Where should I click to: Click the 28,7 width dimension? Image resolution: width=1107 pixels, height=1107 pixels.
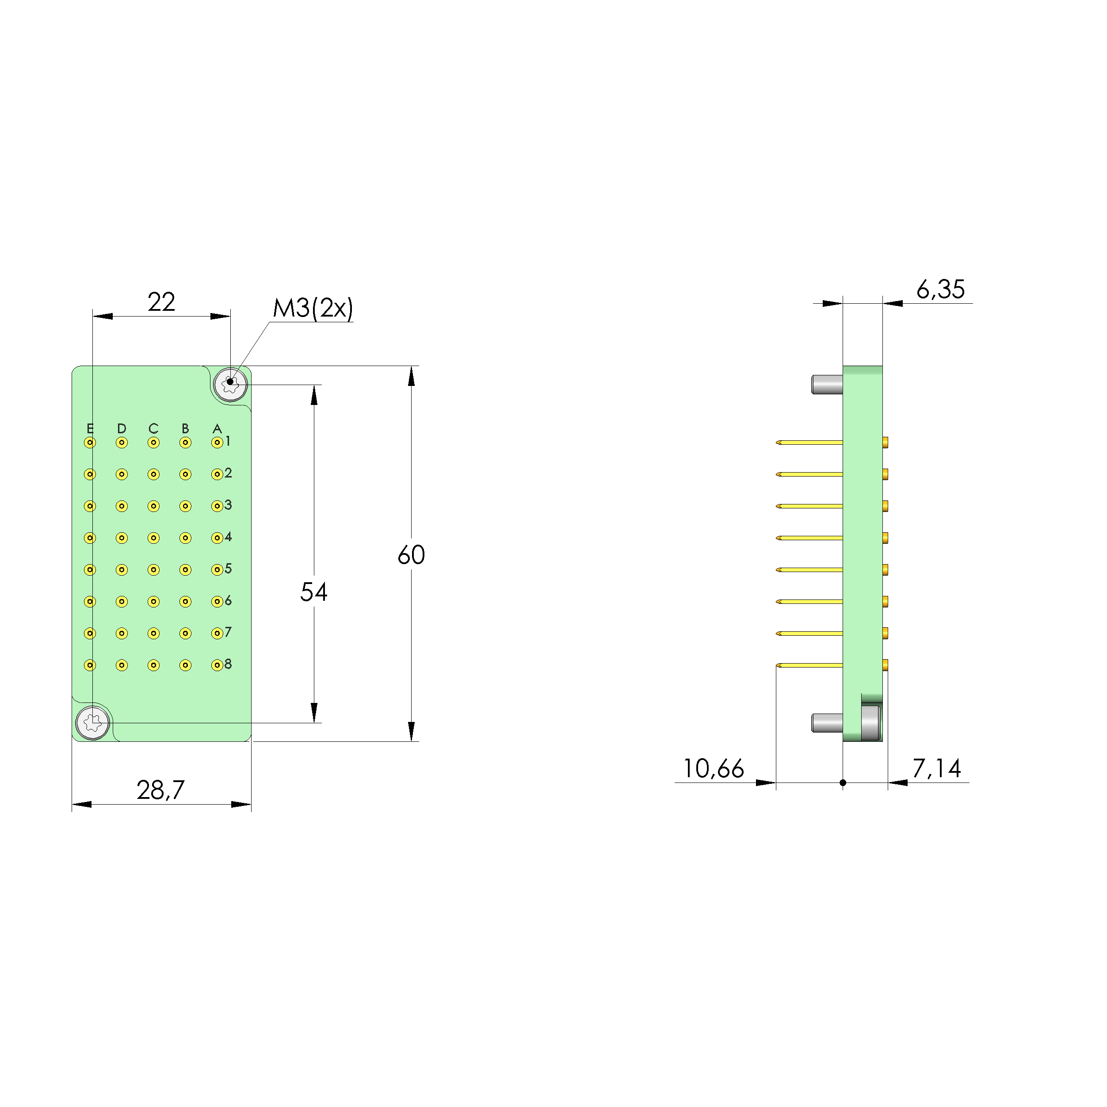[x=160, y=790]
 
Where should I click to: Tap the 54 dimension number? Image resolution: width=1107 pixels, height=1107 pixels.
[x=313, y=592]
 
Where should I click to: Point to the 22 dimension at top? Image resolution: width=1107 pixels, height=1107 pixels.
[x=161, y=302]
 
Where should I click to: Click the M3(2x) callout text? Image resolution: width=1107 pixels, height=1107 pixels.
[x=313, y=308]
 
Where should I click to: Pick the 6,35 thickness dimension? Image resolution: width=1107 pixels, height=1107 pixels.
[x=940, y=290]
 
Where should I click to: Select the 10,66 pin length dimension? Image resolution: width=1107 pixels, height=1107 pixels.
[x=714, y=769]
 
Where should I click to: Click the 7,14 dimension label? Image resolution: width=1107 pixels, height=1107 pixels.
[x=936, y=768]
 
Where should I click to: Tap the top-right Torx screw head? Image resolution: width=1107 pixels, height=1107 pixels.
[x=230, y=385]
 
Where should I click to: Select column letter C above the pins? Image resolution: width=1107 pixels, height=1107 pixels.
[x=153, y=428]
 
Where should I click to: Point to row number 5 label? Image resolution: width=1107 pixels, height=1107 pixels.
[x=228, y=569]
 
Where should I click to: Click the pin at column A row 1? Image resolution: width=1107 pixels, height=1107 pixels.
[x=217, y=443]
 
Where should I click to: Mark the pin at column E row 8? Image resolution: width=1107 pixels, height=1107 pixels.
[x=90, y=665]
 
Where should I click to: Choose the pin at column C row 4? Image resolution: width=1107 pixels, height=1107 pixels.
[x=153, y=538]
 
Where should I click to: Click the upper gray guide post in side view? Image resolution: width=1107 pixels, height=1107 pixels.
[x=827, y=385]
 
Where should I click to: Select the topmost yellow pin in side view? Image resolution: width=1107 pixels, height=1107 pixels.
[x=809, y=443]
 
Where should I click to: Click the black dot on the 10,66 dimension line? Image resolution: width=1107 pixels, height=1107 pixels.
[x=843, y=783]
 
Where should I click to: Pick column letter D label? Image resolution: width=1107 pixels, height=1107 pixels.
[x=122, y=428]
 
